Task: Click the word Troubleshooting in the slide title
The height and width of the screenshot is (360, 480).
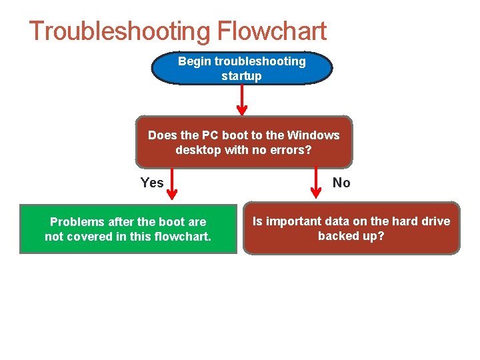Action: (119, 31)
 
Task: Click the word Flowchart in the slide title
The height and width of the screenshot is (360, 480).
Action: (271, 31)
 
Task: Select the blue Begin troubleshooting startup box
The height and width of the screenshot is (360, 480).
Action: (242, 69)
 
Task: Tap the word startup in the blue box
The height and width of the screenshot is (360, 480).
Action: (241, 76)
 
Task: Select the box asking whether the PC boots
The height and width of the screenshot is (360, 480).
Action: (243, 143)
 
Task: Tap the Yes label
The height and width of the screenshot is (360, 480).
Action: (152, 183)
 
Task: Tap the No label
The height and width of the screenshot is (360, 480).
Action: (341, 183)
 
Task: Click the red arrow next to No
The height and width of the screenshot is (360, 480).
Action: (317, 184)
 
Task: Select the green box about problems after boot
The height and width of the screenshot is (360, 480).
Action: (128, 229)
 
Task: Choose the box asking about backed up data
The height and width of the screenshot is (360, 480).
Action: (351, 228)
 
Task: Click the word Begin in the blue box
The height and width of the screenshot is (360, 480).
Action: (195, 61)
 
